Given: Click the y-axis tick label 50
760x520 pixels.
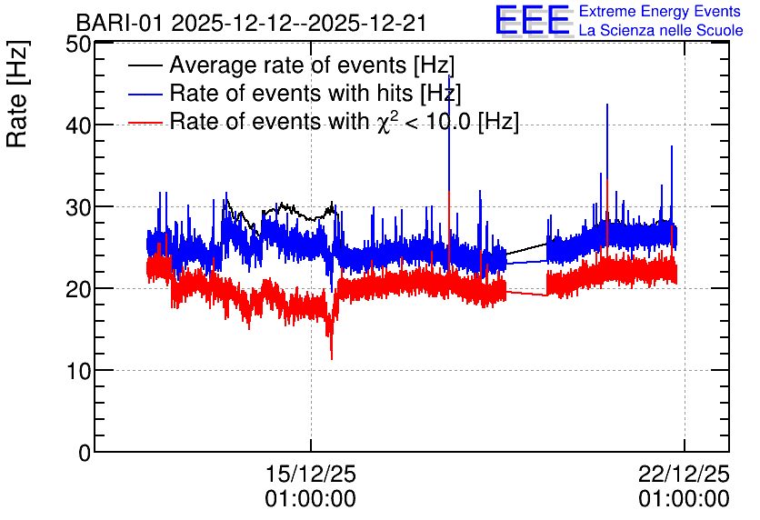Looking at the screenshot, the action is (78, 45).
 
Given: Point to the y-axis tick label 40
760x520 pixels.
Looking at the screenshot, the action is (78, 126).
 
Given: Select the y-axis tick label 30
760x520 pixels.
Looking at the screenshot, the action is (78, 208).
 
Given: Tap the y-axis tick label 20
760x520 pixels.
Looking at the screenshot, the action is (78, 290).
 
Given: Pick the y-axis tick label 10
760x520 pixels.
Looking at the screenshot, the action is (78, 372).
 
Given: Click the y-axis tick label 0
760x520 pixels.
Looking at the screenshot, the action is (85, 454).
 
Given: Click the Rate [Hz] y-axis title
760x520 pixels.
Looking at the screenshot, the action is (17, 94).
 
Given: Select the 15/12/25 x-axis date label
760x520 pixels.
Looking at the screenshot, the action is (311, 474).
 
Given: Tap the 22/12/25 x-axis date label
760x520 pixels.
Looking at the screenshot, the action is (684, 474).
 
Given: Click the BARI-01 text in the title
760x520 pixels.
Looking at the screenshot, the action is (120, 23).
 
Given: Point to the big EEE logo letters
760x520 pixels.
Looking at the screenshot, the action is (533, 20).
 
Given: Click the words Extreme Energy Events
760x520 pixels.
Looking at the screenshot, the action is (660, 11).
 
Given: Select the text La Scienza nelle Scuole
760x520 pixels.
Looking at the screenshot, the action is (661, 30).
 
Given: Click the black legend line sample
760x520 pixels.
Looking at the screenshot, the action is (145, 65).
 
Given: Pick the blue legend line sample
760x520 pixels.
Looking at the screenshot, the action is (145, 94).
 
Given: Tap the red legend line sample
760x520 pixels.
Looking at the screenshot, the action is (145, 123).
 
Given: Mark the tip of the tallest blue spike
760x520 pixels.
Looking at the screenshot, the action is (449, 75).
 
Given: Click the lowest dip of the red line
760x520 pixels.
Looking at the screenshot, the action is (332, 359).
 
